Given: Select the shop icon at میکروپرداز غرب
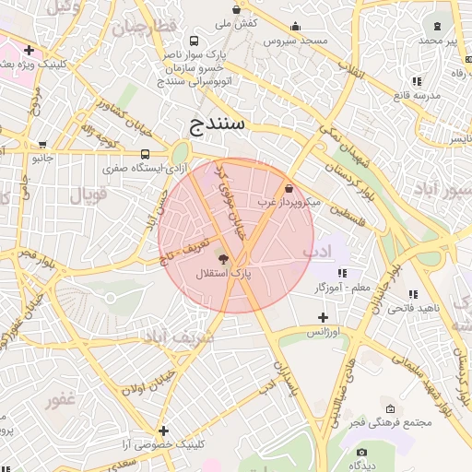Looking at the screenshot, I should click(290, 187).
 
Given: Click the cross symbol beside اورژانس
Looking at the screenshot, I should click(323, 317).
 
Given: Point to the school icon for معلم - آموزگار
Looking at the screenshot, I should click(342, 273).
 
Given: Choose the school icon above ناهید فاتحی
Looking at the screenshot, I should click(412, 294).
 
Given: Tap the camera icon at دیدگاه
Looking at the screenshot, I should click(361, 452).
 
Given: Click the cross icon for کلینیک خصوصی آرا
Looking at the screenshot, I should click(163, 431).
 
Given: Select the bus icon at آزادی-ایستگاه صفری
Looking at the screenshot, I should click(145, 155).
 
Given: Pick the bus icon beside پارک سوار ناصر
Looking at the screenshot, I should click(194, 41).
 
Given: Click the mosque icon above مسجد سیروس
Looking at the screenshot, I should click(295, 27).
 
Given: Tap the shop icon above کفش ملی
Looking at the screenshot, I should click(237, 9).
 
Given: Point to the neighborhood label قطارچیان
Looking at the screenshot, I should click(144, 28).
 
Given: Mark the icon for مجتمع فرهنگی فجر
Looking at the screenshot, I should click(389, 409).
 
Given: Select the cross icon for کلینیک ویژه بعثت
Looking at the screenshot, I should click(30, 50).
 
